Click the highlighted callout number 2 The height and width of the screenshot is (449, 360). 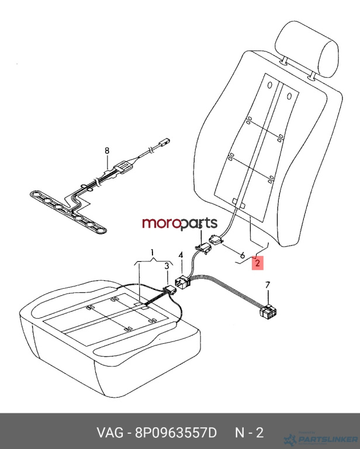(x=257, y=263)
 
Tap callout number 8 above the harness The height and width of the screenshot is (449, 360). (x=107, y=151)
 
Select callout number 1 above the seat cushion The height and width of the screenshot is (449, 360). (x=153, y=253)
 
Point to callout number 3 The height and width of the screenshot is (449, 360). (x=167, y=267)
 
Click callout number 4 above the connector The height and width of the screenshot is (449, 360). (x=181, y=255)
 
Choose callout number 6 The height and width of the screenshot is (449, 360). (x=243, y=254)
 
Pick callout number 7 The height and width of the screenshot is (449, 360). (x=268, y=285)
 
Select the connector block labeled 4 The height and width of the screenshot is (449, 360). (x=182, y=282)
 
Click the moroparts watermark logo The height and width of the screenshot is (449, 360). (x=180, y=223)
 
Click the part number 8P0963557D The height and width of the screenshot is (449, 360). (x=176, y=433)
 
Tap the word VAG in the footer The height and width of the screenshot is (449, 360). (x=110, y=433)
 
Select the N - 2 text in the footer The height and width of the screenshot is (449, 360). (x=249, y=433)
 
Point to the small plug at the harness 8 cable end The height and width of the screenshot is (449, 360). (x=164, y=141)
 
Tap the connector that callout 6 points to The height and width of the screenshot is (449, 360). (x=216, y=240)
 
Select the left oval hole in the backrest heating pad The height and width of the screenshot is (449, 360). (x=269, y=85)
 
